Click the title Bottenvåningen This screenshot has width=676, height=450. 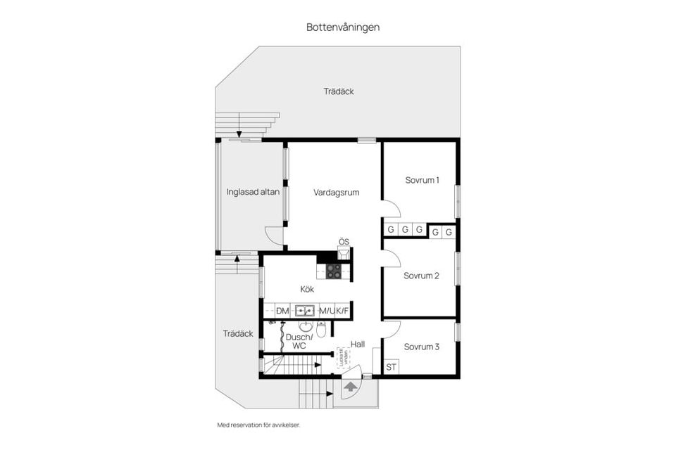point(343,27)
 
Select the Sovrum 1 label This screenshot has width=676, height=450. point(422,180)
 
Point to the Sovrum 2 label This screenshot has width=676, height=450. point(421,276)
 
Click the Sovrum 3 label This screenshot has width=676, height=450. point(421,347)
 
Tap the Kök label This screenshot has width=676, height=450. point(307,289)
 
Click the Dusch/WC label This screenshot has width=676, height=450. point(296,342)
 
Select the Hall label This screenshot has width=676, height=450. point(358,345)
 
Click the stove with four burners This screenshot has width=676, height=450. point(334,271)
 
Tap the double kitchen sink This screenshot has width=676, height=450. point(305,311)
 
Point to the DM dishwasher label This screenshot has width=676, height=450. point(282,311)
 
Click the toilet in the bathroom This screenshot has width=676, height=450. point(321,329)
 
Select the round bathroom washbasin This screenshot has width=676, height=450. point(306,326)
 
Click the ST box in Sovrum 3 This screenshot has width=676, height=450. point(392,367)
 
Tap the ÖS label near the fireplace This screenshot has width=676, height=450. point(344,242)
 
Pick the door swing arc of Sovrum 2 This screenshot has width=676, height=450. point(392,260)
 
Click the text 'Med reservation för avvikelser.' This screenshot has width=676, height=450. point(263,425)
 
